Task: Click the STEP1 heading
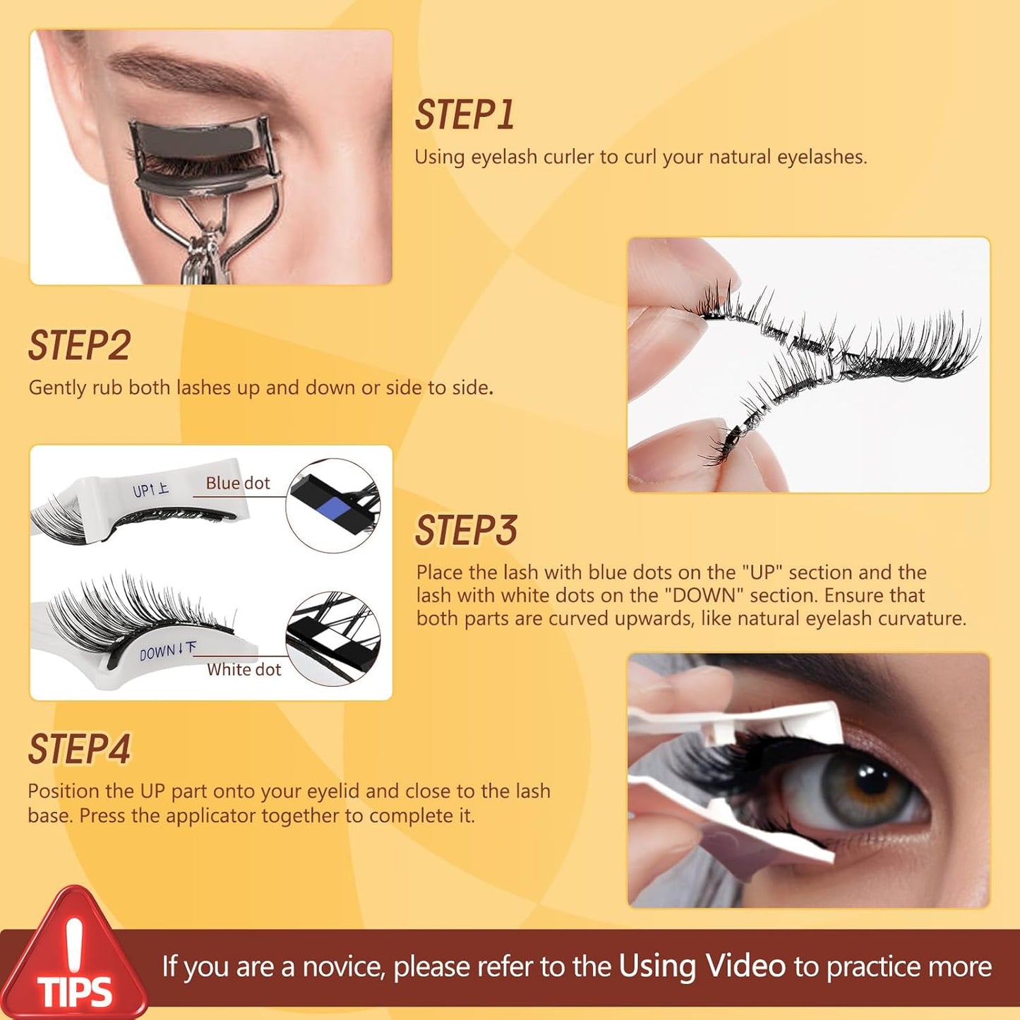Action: tap(464, 115)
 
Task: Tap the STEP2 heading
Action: tap(80, 346)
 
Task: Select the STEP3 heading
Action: tap(466, 531)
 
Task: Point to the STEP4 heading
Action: tap(80, 750)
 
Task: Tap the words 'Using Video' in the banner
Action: tap(702, 966)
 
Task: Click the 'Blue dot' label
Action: tap(238, 484)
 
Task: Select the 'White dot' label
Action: tap(244, 670)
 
